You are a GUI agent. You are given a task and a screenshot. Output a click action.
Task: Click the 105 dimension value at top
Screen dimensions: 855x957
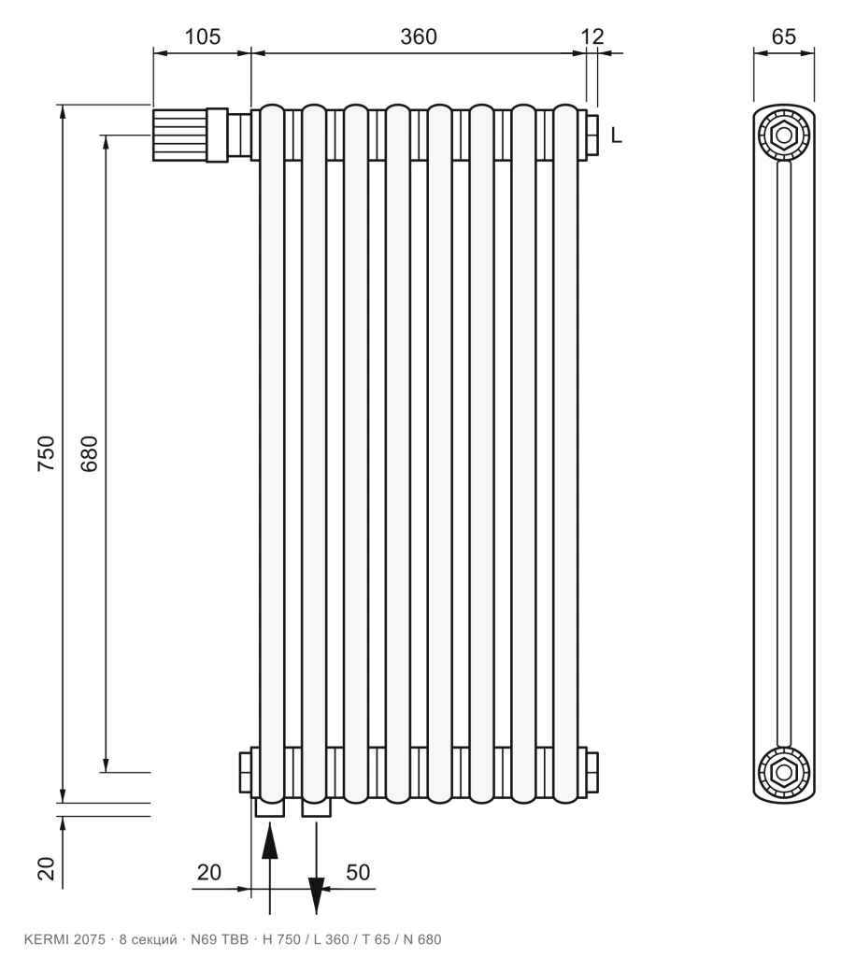click(202, 36)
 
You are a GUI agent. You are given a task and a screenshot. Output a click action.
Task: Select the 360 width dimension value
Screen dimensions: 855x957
click(419, 36)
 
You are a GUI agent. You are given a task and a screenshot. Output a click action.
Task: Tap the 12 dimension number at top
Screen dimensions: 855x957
click(592, 36)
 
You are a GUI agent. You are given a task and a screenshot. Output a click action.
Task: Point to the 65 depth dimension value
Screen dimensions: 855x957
click(784, 36)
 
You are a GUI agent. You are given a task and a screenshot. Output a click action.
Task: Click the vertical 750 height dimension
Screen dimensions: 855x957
click(47, 453)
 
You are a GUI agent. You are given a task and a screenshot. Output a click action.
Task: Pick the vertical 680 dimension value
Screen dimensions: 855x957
click(89, 453)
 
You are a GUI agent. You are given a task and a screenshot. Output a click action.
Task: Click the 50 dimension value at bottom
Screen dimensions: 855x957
click(358, 872)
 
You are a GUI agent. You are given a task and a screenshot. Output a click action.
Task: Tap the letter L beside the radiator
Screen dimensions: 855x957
click(617, 135)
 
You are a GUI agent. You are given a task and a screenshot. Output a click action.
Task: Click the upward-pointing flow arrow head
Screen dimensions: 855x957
click(270, 841)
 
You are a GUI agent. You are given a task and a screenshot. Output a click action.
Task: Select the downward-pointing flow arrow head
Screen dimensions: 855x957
click(316, 895)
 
